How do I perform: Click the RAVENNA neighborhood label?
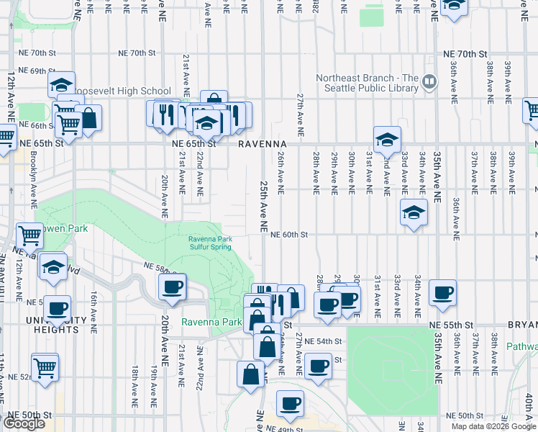click(258, 143)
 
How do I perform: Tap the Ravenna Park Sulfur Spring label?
click(210, 243)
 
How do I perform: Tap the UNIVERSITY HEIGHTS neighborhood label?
click(50, 325)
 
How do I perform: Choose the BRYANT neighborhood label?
click(522, 325)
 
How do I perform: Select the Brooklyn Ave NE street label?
click(34, 180)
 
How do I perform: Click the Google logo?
click(23, 423)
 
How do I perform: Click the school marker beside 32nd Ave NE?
click(387, 140)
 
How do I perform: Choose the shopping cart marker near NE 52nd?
click(45, 366)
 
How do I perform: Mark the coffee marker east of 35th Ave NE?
click(442, 293)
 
